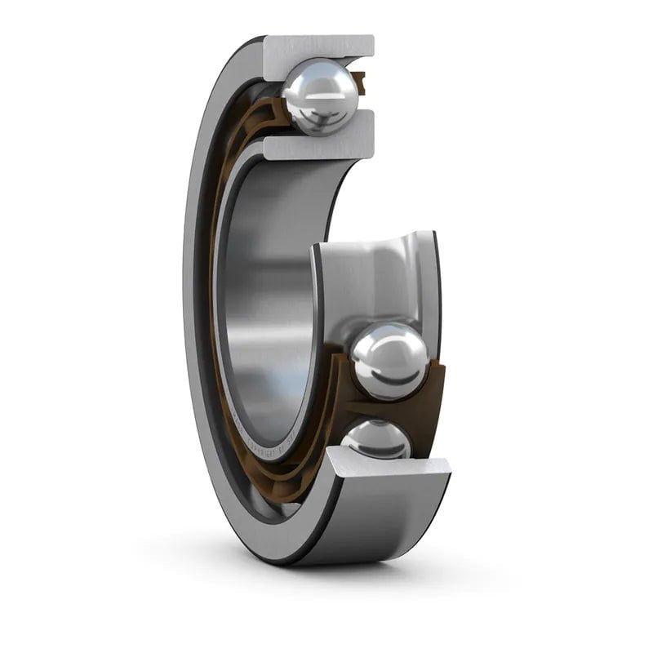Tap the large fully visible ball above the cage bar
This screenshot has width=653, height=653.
[x=389, y=360]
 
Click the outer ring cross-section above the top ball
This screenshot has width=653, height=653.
[x=318, y=46]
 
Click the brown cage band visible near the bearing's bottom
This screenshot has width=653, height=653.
[x=269, y=490]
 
